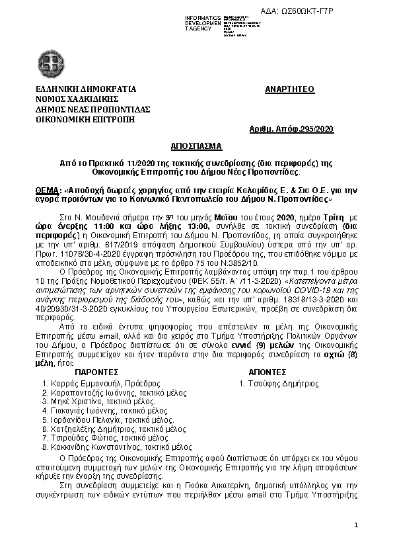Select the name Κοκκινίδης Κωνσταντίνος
(95, 448)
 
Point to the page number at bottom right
(356, 525)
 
